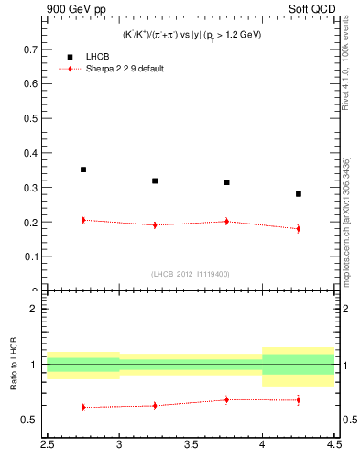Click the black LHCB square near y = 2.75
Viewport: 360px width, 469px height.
tap(83, 169)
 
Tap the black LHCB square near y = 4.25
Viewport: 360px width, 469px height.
tap(299, 194)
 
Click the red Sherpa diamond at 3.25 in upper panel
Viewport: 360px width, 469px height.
tap(155, 224)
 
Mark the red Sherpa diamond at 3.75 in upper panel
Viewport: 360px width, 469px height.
tap(226, 221)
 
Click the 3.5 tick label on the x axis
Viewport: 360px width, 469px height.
tap(191, 445)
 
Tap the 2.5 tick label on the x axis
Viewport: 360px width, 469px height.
tap(47, 445)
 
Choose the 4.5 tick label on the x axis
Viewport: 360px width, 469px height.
tap(333, 445)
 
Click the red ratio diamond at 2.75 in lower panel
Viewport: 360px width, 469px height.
tap(83, 407)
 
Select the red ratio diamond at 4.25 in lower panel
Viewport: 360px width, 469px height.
tap(299, 399)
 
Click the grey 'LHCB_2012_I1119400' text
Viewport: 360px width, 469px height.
tap(191, 274)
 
